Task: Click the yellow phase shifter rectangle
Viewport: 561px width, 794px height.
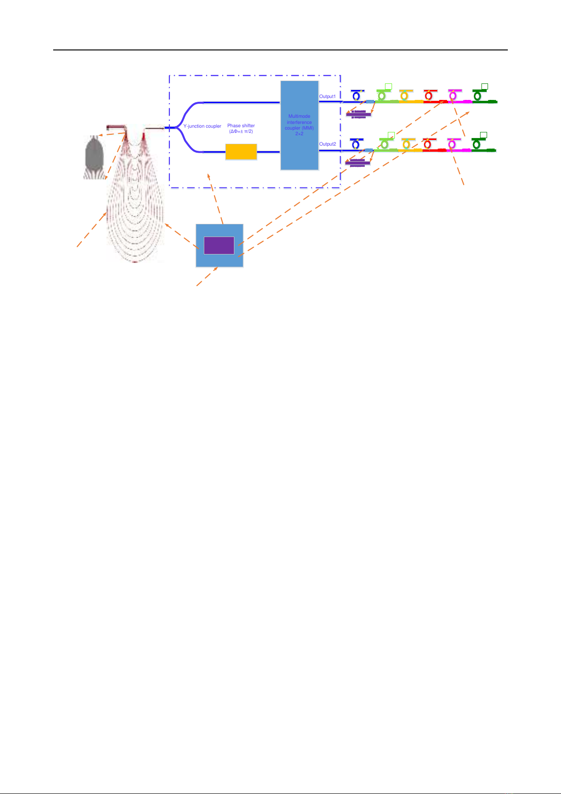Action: (241, 152)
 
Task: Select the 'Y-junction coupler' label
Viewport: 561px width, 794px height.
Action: (202, 126)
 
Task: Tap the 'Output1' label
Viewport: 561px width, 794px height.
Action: (328, 97)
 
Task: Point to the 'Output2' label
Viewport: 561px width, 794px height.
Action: (328, 144)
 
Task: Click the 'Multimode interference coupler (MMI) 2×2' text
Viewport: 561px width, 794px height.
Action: (299, 125)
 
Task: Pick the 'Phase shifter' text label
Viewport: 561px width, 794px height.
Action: (241, 125)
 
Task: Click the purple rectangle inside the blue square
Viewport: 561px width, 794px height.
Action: (219, 246)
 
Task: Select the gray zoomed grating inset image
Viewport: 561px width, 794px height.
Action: (95, 157)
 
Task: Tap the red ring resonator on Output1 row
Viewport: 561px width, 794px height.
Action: (429, 96)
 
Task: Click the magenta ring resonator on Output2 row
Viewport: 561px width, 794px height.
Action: (452, 144)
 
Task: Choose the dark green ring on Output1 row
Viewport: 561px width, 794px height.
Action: (478, 96)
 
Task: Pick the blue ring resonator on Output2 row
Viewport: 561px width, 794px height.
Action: (356, 145)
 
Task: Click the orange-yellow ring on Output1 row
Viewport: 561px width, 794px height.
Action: (404, 96)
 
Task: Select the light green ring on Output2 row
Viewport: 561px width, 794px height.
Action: (385, 144)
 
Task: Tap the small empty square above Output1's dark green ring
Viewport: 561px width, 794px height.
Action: (485, 87)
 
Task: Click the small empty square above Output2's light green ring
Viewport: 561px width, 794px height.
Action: (391, 135)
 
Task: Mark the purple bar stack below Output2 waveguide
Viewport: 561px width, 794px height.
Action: (358, 163)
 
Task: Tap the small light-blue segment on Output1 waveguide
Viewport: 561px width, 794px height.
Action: (370, 102)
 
